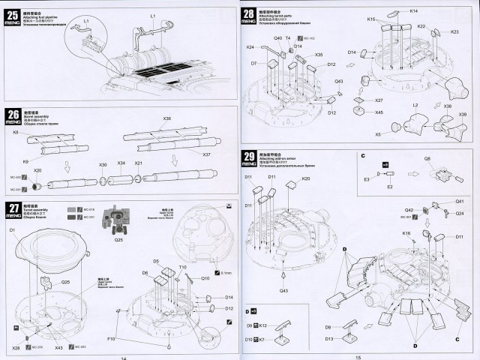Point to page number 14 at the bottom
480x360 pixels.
[123, 356]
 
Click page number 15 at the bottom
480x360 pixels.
[358, 356]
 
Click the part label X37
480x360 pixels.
[207, 154]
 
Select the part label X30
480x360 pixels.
[103, 164]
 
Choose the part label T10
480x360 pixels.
[182, 268]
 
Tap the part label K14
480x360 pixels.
[414, 10]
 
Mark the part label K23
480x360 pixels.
[454, 31]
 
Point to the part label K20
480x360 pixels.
[306, 178]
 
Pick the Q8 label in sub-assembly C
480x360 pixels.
[427, 159]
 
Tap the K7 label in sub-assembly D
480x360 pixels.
[264, 340]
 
